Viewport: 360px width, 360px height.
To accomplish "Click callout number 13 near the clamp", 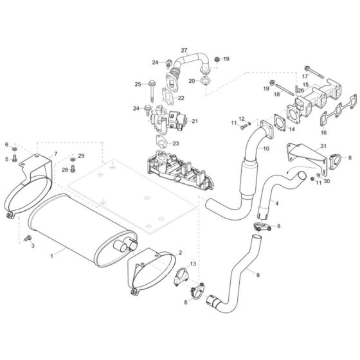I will pyautogui.click(x=192, y=264).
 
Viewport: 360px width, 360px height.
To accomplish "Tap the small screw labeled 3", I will pyautogui.click(x=28, y=238).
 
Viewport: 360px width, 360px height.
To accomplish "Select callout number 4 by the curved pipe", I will pyautogui.click(x=276, y=203).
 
